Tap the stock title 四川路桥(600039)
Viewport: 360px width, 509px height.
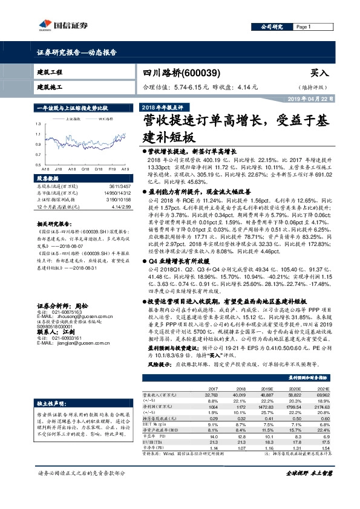pos(176,72)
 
